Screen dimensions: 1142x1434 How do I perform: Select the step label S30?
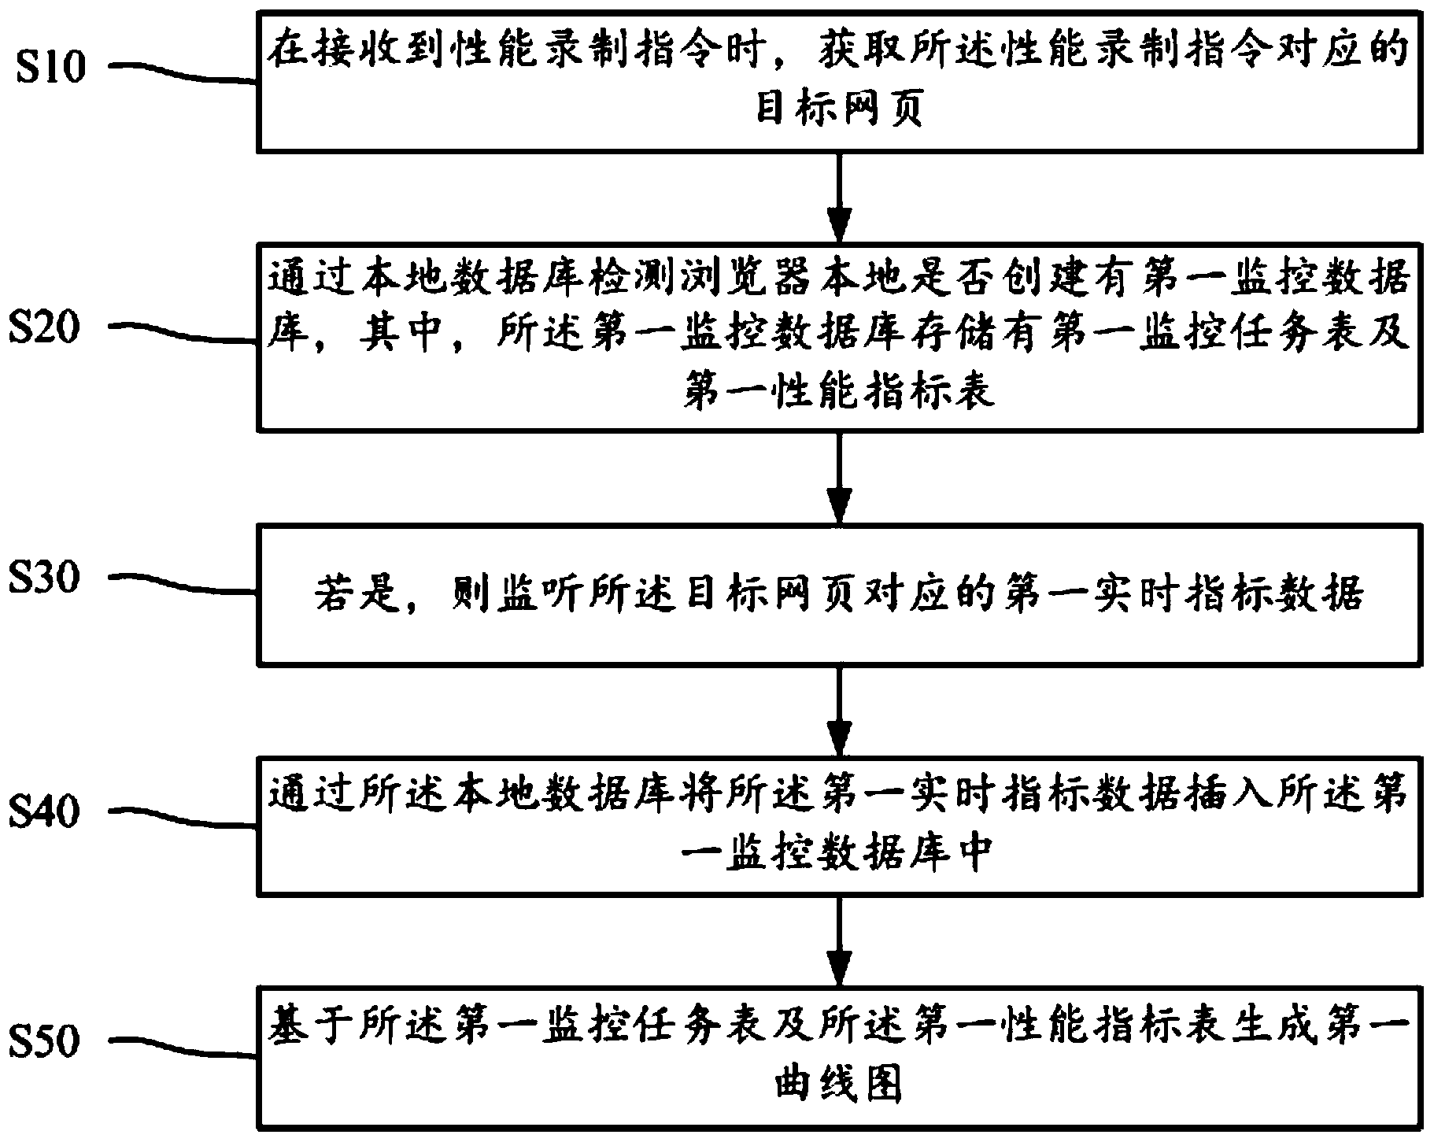45,578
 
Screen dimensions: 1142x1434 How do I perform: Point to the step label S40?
45,811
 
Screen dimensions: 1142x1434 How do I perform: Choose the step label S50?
45,1040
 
